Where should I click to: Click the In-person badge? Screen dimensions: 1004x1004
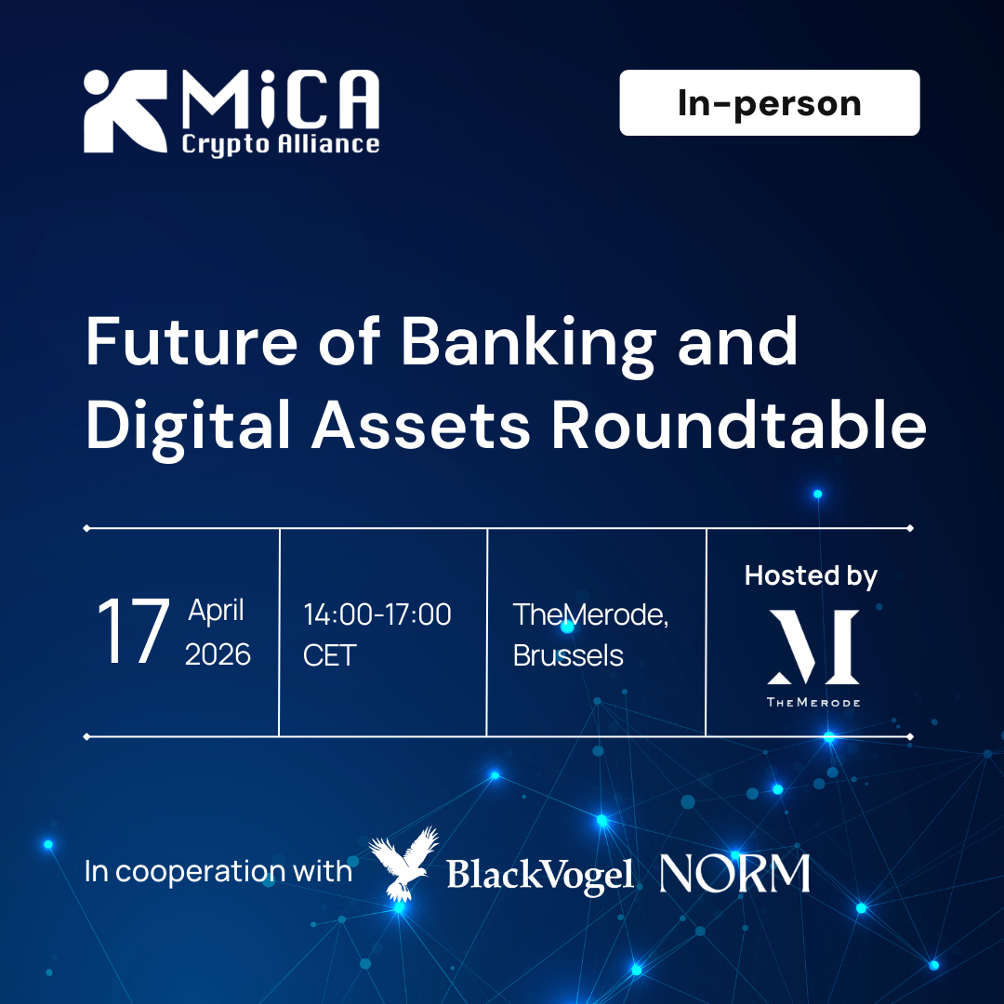[x=769, y=103]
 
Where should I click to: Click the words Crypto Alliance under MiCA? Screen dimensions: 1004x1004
[x=280, y=144]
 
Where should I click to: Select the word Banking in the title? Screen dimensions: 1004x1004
[x=527, y=341]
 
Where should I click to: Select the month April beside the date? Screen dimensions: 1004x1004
[x=217, y=611]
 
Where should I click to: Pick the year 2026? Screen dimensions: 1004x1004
[x=218, y=654]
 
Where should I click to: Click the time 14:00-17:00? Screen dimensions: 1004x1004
[x=377, y=614]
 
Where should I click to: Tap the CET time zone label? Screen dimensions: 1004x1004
[x=329, y=655]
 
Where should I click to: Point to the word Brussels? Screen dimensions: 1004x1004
[x=568, y=655]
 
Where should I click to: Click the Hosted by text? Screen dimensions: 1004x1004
[x=811, y=575]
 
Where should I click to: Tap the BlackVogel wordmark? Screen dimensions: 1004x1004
[x=539, y=875]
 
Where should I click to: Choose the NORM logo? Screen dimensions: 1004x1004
[x=734, y=874]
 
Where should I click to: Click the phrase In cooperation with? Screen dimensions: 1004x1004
[x=218, y=872]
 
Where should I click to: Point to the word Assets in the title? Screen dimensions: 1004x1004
[x=420, y=427]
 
